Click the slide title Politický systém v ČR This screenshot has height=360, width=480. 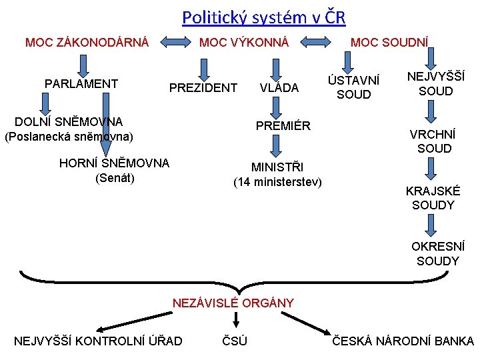pos(263,17)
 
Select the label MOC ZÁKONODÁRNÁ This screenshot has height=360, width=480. pos(87,43)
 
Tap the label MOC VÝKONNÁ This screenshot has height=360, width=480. pos(244,43)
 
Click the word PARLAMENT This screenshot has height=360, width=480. pos(81,84)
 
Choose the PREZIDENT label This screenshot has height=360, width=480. pos(203,88)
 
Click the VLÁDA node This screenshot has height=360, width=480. pos(279,88)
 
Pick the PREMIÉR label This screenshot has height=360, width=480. pos(284,125)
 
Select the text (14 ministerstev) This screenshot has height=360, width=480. pos(277,182)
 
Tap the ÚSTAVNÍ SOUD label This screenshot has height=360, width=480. pos(353,87)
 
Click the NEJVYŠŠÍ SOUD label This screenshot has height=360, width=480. pos(435,84)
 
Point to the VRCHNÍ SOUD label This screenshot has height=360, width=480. pos(434,141)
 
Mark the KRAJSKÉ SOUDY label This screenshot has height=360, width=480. pos(433,198)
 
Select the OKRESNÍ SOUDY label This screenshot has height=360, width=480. pos(437,254)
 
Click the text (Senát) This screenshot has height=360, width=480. pos(115,178)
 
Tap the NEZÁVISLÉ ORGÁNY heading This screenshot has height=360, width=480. pos(233,303)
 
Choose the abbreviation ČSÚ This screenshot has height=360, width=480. pos(234,341)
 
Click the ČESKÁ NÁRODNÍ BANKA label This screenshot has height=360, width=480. pos(403,341)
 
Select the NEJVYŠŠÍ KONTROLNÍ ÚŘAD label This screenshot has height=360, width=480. pos(98,341)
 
